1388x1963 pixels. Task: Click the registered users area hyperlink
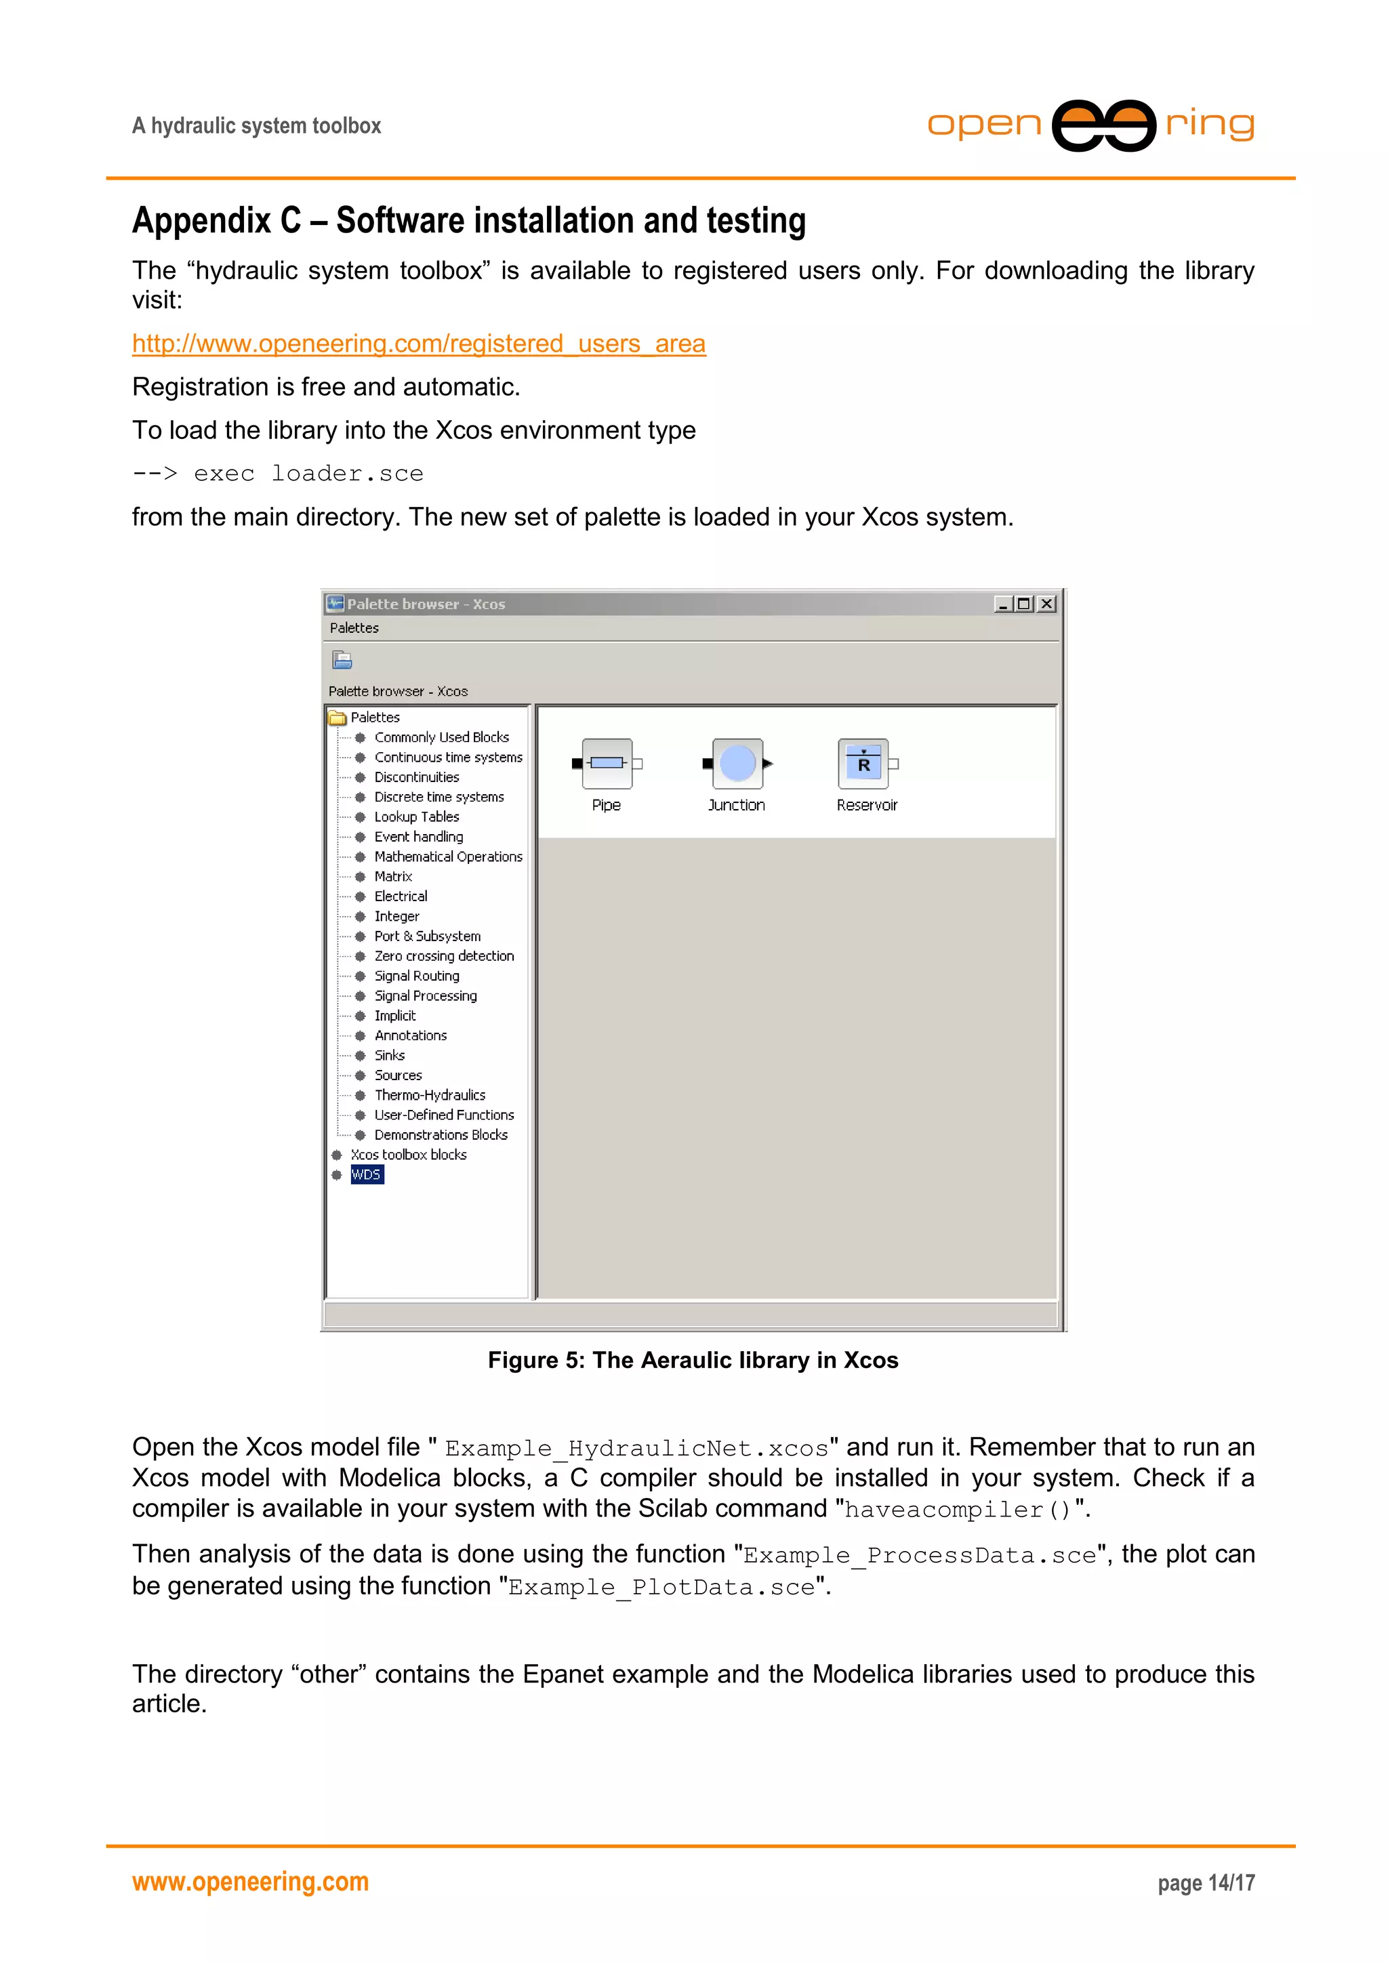418,344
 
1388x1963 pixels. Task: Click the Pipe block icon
607,764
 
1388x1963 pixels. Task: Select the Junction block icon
736,764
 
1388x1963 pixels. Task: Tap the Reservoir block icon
863,764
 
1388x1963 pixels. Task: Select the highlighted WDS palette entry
366,1175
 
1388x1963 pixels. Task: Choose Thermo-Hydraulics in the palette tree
429,1095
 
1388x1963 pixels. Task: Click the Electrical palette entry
401,896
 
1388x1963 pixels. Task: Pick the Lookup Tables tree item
417,817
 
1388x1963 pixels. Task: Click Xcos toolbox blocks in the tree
408,1155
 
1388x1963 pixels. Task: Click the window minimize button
1002,604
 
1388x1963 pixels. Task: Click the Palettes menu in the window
354,628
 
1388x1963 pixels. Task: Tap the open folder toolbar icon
342,660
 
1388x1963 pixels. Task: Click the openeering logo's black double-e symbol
1103,125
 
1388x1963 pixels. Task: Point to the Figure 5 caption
693,1360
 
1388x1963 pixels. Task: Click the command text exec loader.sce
308,474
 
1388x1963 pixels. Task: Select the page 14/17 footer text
1206,1882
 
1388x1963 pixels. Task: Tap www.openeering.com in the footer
249,1882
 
